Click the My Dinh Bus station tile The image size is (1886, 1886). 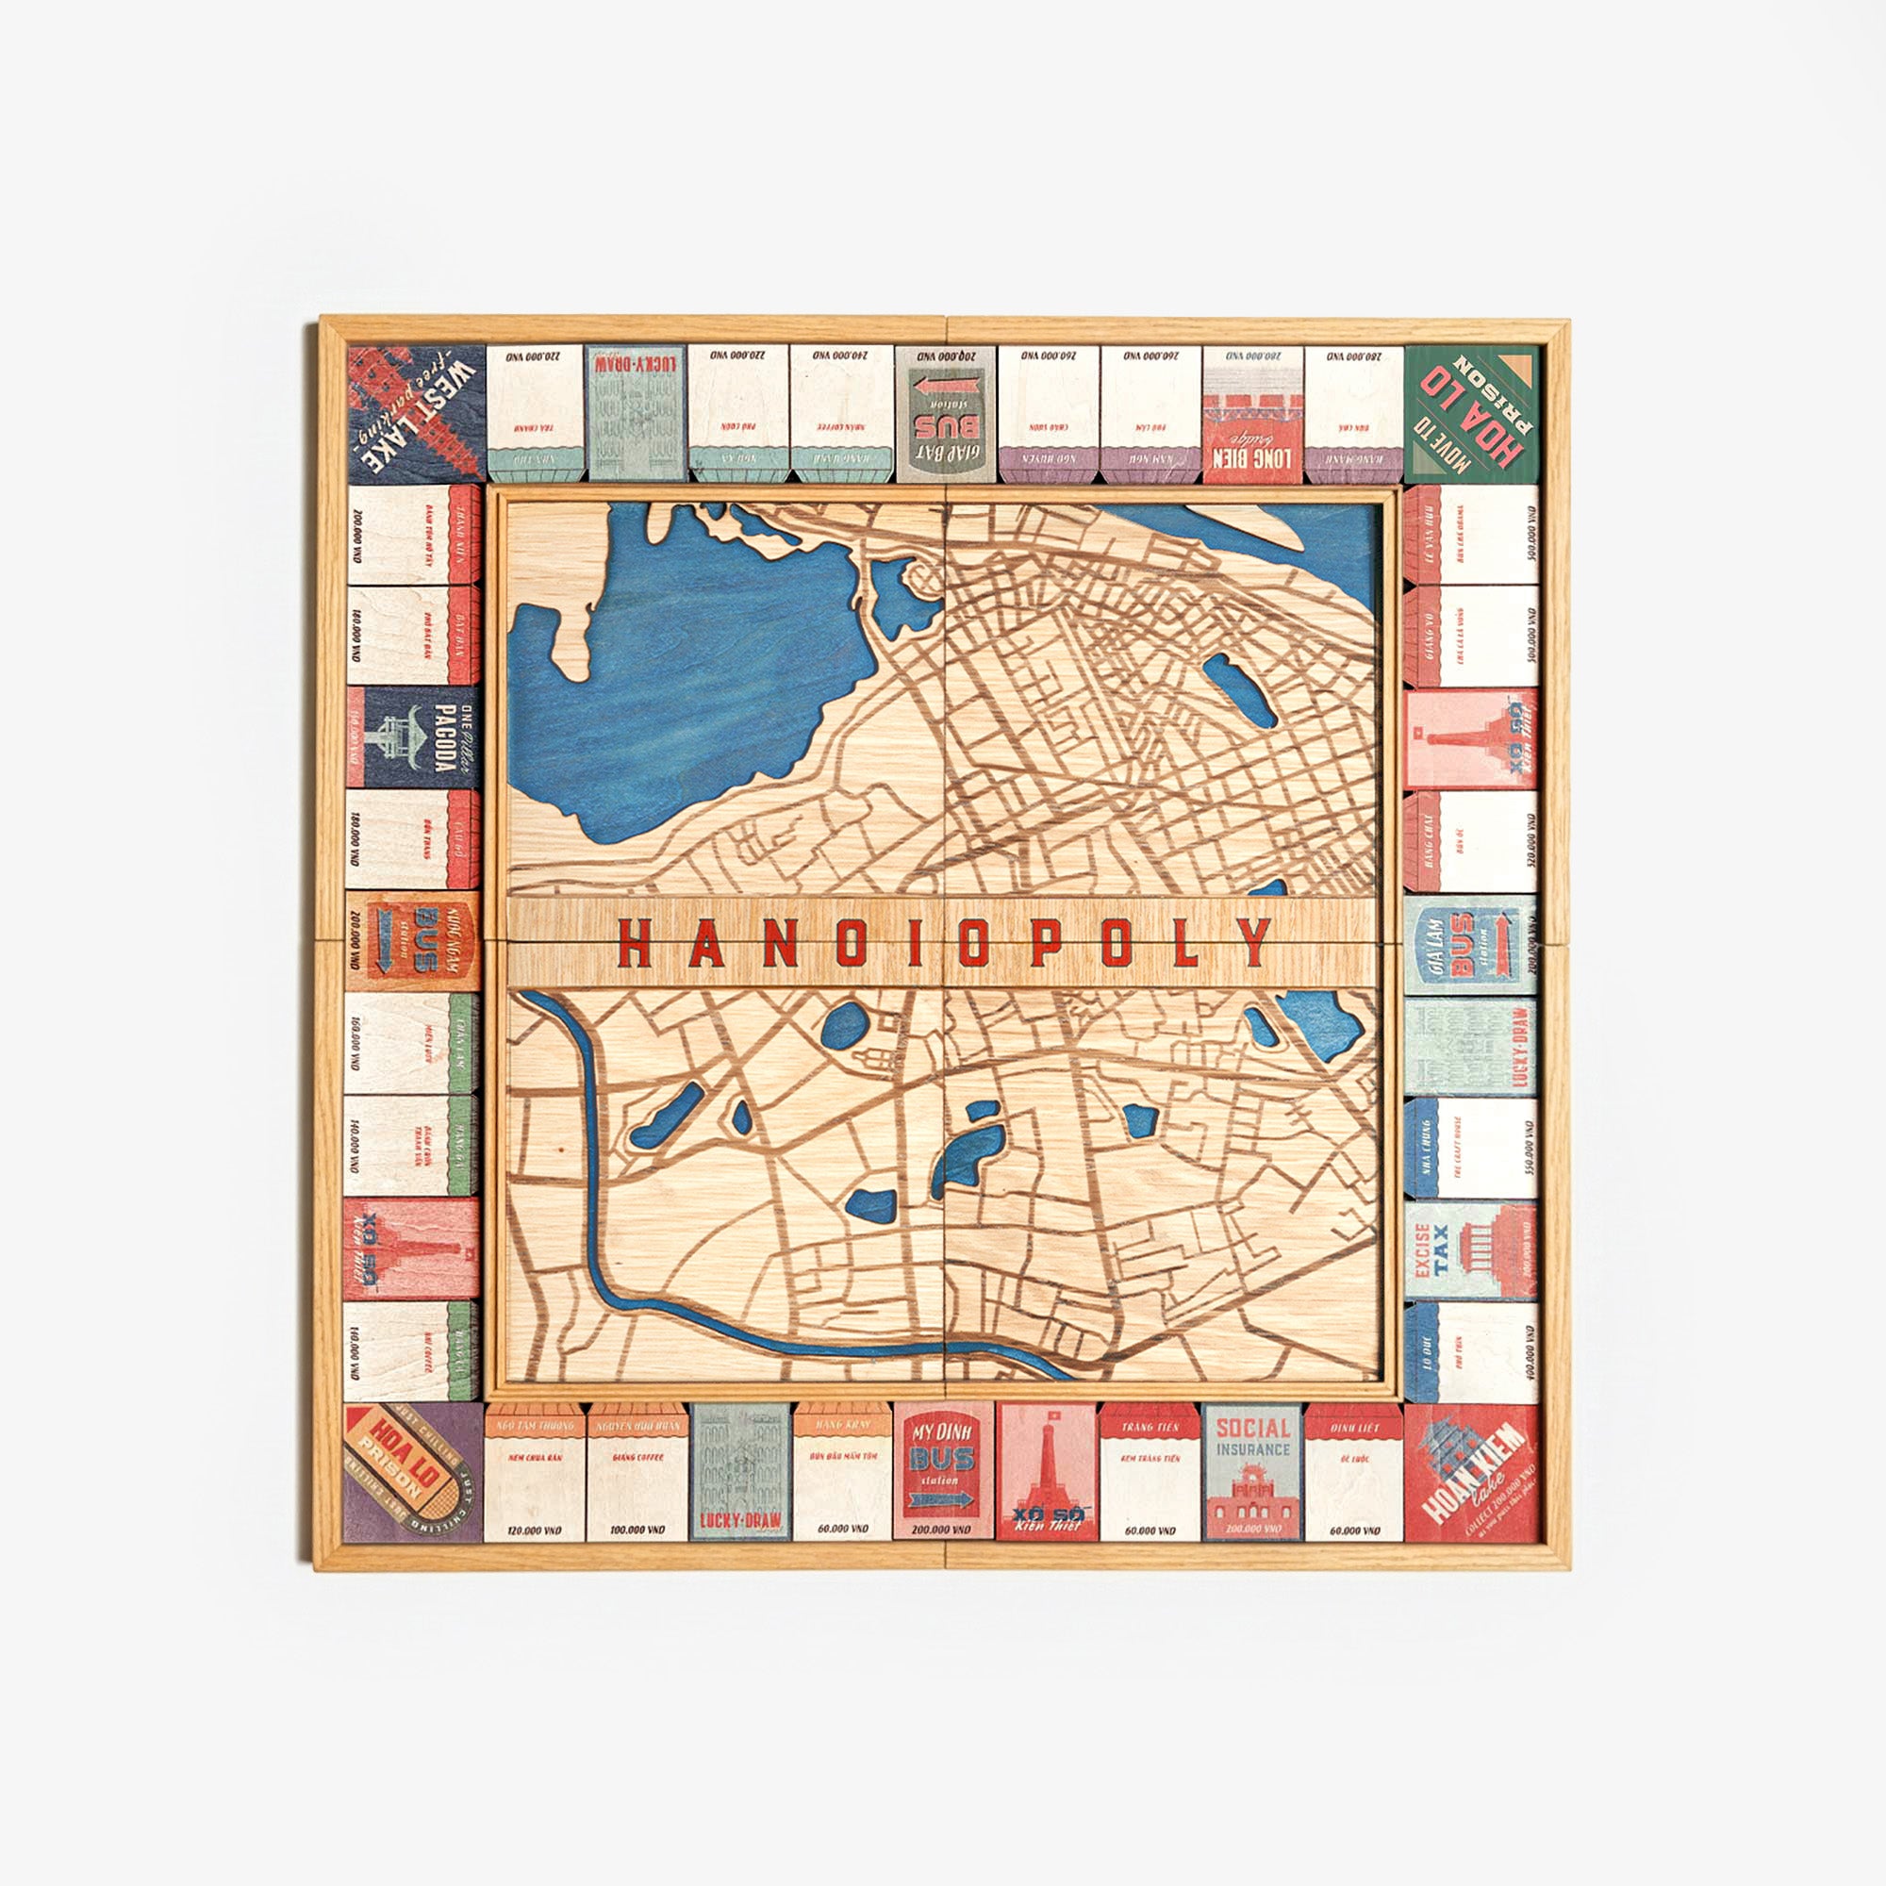943,1472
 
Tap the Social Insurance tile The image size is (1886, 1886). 1251,1472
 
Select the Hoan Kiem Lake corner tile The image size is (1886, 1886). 1471,1472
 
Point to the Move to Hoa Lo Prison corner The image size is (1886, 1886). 1471,413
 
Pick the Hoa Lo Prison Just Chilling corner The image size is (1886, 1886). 415,1472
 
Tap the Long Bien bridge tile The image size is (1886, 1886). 1251,413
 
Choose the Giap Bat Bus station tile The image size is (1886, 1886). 945,413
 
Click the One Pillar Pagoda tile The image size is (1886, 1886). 413,737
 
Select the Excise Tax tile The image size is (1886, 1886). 1471,1249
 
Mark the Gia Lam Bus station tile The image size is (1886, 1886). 1471,943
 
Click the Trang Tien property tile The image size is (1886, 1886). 1149,1472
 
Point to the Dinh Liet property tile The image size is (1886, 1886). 1353,1472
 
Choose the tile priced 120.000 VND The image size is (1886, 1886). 534,1472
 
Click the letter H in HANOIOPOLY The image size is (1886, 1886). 636,942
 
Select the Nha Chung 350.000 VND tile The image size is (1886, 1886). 1471,1148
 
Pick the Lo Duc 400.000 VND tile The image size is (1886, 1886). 1471,1352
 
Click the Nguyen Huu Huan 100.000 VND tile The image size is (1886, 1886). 637,1472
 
